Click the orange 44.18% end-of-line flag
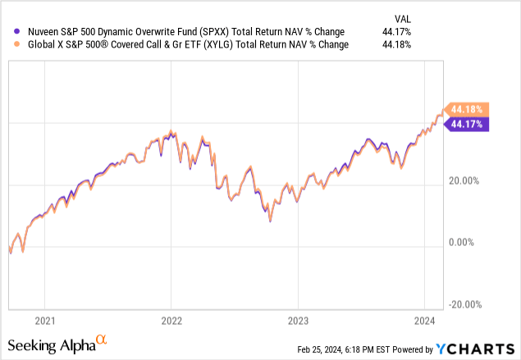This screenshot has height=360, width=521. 466,109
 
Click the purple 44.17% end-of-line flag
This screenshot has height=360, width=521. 466,124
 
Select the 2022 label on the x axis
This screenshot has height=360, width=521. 171,321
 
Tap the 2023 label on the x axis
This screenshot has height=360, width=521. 298,321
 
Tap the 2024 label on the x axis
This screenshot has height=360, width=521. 424,321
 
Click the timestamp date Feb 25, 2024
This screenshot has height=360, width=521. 323,349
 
